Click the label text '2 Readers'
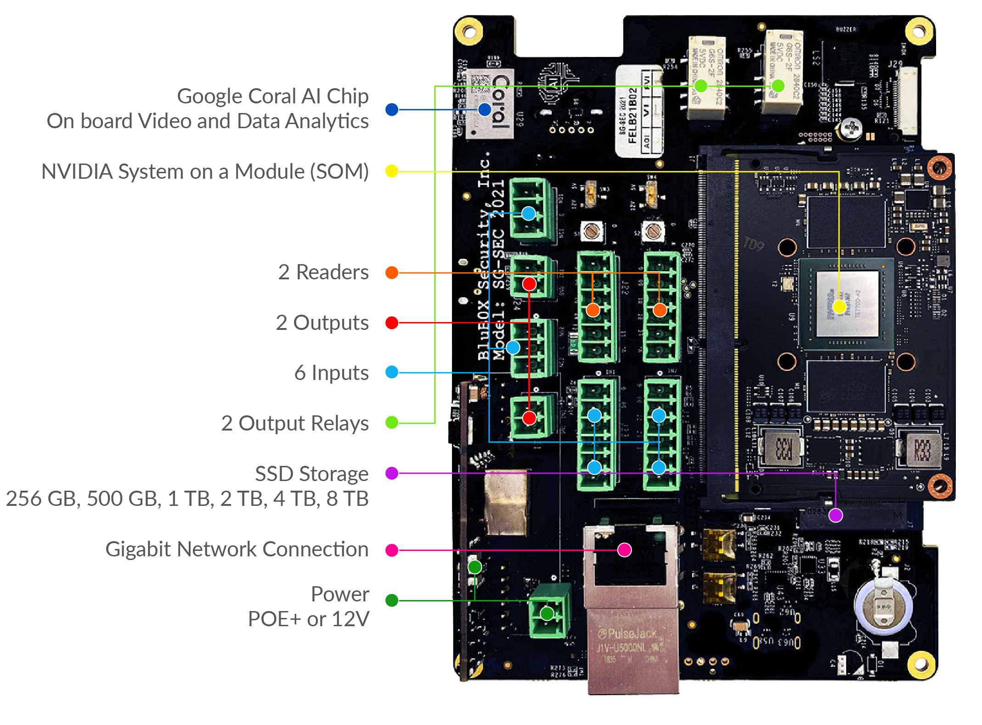(323, 272)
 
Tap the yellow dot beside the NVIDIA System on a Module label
(392, 171)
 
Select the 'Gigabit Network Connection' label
(237, 549)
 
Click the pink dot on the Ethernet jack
(624, 549)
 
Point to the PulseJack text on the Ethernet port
(628, 634)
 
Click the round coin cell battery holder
(882, 606)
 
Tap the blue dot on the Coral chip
(485, 109)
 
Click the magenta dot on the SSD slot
(835, 515)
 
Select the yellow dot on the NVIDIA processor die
(839, 307)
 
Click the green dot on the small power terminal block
(547, 613)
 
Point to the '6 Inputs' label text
(331, 373)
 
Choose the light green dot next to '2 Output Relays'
(392, 422)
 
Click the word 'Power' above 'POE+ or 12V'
(340, 594)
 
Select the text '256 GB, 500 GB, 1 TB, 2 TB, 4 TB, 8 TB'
(187, 498)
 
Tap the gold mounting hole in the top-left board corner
(468, 32)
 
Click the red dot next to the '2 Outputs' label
(392, 323)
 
